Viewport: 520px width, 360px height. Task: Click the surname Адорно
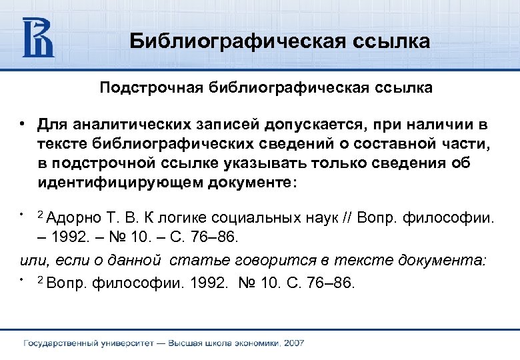tap(75, 218)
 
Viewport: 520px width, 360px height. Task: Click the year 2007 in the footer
tap(294, 343)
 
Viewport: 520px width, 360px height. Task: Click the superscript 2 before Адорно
tap(40, 215)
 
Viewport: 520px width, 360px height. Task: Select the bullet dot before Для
tap(23, 125)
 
